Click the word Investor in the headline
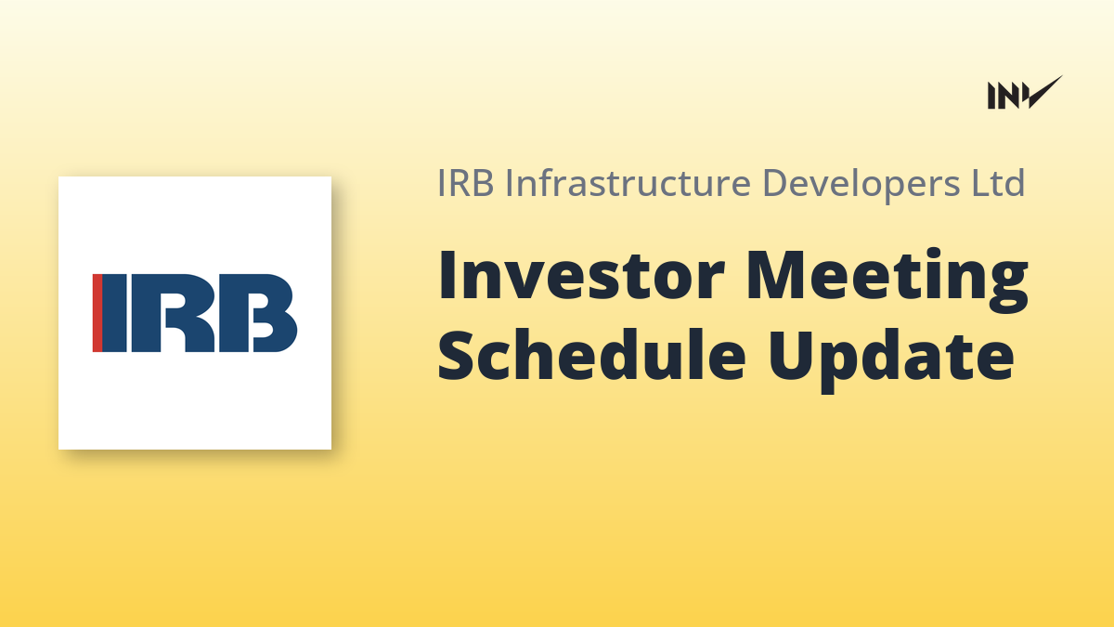[580, 275]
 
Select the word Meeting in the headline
[887, 281]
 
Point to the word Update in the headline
[890, 359]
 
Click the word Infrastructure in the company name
[628, 183]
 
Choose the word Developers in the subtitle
[861, 184]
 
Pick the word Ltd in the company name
[999, 183]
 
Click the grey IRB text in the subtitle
[465, 183]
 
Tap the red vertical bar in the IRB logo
[97, 313]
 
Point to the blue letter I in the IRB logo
[114, 313]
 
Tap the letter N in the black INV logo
[1009, 96]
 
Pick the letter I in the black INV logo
[991, 96]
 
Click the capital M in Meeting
[776, 275]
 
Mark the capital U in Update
[790, 354]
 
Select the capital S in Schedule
[456, 354]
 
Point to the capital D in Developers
[775, 183]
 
